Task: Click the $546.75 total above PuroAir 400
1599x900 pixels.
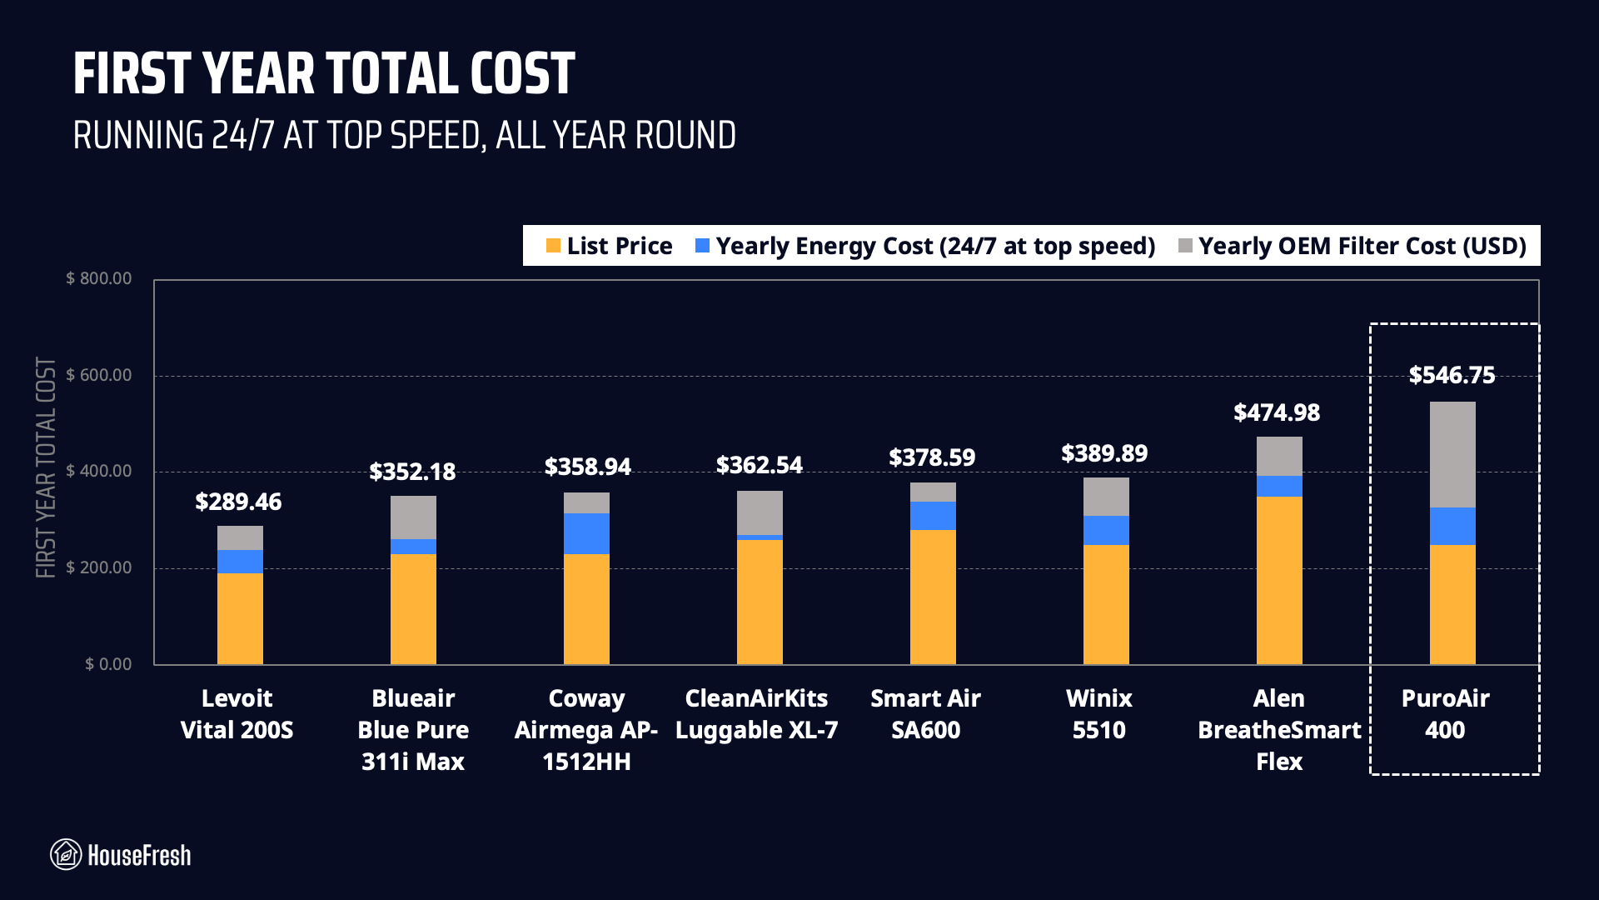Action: tap(1452, 375)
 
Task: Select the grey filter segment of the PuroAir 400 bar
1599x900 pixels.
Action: tap(1452, 455)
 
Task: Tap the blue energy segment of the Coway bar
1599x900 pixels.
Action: tap(586, 533)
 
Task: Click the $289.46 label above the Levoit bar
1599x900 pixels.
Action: tap(238, 502)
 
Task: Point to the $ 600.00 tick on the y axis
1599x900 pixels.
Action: tap(99, 375)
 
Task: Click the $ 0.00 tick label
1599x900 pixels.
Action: tap(108, 664)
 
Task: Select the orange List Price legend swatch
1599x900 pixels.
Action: tap(553, 246)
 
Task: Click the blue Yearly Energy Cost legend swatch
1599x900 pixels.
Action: tap(702, 246)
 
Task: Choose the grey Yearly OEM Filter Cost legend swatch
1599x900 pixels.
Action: tap(1186, 246)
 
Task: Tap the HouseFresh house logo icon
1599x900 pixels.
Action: tap(66, 854)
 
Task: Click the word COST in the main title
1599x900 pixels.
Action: tap(522, 73)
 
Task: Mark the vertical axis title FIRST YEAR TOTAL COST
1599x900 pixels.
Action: tap(46, 467)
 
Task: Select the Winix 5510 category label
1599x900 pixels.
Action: tap(1098, 714)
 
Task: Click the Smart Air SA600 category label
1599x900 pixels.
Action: tap(925, 714)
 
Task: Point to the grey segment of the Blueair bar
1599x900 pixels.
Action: tap(413, 517)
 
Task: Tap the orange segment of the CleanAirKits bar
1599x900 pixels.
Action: tap(760, 602)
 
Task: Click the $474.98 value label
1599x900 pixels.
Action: tap(1277, 412)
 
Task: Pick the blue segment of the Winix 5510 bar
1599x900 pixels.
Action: tap(1106, 530)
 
